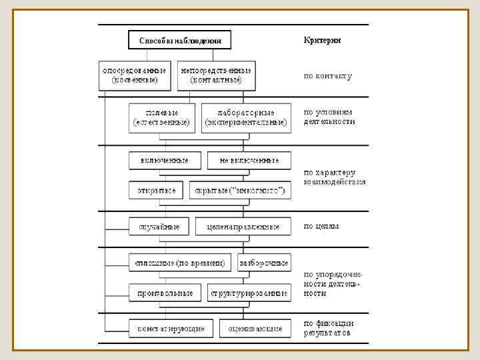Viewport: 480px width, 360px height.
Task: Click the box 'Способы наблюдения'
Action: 179,40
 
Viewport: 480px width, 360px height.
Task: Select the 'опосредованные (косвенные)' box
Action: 135,75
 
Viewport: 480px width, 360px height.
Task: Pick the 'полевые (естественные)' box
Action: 162,117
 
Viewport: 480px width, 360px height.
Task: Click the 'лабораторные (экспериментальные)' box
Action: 246,117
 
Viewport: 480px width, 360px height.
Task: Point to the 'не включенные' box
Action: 249,161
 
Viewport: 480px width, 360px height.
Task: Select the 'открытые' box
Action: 156,191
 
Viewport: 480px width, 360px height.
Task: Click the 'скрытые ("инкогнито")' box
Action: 239,191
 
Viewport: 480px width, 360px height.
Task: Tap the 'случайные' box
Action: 159,227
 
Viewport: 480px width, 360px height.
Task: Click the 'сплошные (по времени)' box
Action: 181,263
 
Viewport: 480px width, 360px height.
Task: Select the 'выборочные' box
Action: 264,263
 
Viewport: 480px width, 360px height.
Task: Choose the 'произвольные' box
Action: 165,293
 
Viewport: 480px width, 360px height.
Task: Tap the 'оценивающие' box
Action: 254,328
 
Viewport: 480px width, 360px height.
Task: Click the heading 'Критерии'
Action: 323,40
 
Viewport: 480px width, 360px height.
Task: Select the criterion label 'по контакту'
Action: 328,76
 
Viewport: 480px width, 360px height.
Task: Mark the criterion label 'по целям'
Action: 321,226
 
